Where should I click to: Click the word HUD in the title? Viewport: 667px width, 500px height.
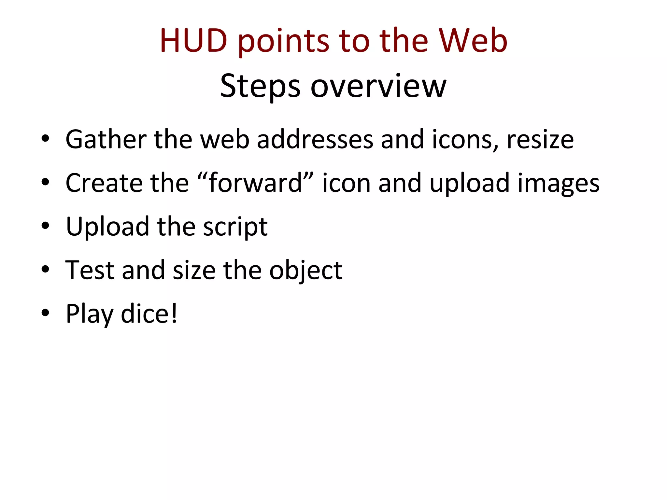click(193, 41)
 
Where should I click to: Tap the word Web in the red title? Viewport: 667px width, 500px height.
click(473, 41)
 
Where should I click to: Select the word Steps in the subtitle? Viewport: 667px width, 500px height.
click(260, 86)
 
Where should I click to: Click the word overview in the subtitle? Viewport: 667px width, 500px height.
click(378, 86)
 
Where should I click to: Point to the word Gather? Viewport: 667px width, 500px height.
click(106, 139)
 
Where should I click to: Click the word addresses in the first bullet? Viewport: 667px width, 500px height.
click(315, 139)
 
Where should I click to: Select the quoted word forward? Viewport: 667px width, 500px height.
click(255, 183)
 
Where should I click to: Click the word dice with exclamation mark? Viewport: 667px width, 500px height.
click(149, 313)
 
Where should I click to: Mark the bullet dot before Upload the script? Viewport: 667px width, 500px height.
click(45, 226)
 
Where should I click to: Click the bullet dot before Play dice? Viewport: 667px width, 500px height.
click(45, 313)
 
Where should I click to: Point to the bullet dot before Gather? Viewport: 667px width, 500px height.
click(45, 139)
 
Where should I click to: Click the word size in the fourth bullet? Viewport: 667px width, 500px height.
click(194, 270)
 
